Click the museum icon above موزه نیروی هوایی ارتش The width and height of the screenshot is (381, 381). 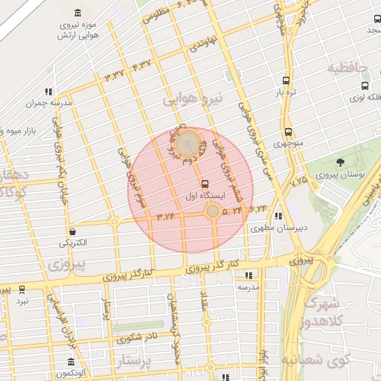coord(78,13)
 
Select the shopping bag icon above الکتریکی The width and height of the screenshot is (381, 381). coord(71,231)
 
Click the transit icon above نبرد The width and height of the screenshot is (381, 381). coord(22,289)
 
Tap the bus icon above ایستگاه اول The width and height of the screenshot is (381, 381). coord(204,183)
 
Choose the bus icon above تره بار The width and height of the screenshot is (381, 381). coord(286,80)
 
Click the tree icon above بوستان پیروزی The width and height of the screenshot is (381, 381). coord(340,162)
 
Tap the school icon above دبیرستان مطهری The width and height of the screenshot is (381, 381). coord(278,217)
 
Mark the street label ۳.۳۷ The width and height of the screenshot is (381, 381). coord(116,75)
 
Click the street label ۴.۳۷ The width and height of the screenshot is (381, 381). coord(141,66)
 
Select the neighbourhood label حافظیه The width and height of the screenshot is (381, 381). coord(348,68)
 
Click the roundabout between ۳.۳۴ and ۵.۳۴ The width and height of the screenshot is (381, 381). coord(213,212)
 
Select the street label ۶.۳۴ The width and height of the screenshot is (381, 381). coord(258,209)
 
